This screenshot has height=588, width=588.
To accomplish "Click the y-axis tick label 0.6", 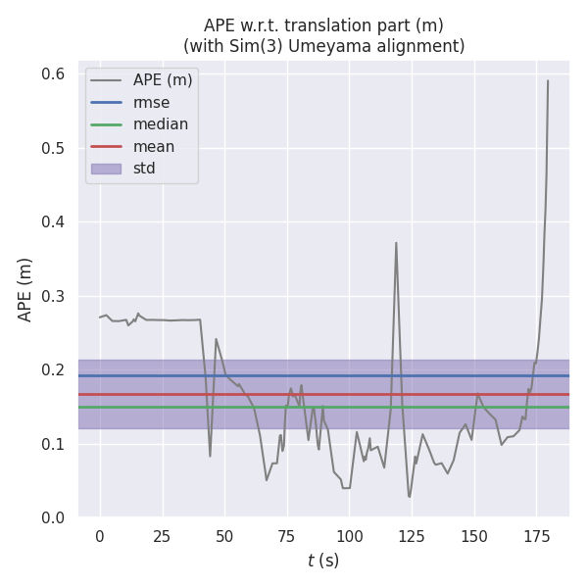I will click(53, 74).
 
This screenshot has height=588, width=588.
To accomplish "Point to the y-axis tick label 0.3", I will click(53, 296).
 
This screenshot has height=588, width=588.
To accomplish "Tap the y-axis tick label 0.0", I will click(53, 517).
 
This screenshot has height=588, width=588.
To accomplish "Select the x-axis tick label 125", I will click(412, 536).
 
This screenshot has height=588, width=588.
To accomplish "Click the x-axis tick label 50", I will click(224, 536).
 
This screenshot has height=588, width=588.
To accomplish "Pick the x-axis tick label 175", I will click(536, 536).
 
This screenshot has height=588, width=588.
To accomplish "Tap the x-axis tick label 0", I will click(100, 536).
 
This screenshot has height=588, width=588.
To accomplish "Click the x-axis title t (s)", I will click(323, 561).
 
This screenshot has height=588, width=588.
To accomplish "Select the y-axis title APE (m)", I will click(25, 289).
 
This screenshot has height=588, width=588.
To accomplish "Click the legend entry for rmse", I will click(151, 102).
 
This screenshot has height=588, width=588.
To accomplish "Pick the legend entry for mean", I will click(155, 147).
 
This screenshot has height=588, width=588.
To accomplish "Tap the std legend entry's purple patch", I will click(106, 169).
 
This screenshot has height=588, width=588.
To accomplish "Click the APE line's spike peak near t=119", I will click(396, 243).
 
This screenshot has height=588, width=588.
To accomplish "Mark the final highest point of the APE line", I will click(548, 80).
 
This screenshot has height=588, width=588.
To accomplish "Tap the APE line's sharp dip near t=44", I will click(210, 456).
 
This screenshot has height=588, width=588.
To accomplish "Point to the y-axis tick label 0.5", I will click(53, 148).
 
